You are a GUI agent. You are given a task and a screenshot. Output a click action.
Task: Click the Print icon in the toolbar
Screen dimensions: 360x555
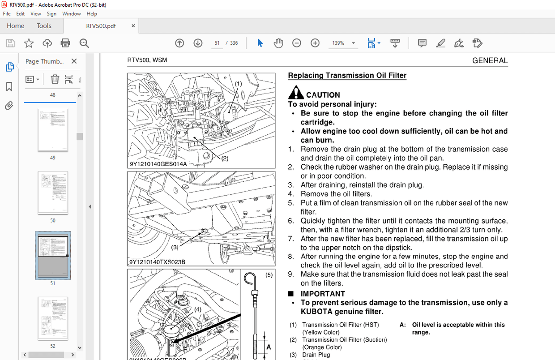pos(65,43)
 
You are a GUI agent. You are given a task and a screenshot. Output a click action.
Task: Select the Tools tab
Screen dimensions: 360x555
pos(44,26)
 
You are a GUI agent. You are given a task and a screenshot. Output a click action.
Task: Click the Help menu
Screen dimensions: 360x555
pos(92,14)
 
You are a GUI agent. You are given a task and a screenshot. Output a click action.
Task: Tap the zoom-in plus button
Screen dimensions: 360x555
pos(315,43)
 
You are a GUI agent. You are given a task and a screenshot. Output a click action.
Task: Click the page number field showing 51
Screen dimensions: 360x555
pos(217,43)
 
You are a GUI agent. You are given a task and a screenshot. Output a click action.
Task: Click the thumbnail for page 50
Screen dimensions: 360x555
pos(53,193)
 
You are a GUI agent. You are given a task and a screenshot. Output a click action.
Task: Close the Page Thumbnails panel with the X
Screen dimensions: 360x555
pos(74,61)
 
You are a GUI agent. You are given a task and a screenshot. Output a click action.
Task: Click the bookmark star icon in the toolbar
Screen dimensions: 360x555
pos(29,43)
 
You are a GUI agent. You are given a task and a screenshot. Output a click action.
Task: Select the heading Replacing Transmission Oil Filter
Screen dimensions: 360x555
pos(347,75)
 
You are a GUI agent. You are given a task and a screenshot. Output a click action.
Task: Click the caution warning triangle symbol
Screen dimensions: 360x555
pos(296,93)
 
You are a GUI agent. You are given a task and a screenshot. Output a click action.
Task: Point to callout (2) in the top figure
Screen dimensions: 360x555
pos(225,158)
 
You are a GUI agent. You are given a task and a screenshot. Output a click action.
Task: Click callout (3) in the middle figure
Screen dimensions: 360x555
pos(175,247)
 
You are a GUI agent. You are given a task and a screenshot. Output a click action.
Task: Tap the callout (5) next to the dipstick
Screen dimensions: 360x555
pos(269,275)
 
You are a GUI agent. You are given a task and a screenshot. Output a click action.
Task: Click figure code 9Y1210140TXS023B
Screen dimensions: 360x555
pos(158,262)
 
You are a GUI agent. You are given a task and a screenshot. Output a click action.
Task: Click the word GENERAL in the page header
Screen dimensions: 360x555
pos(490,60)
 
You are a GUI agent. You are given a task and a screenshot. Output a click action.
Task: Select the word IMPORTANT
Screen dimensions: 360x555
pos(322,294)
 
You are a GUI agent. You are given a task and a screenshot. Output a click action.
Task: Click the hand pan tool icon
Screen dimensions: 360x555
pos(278,43)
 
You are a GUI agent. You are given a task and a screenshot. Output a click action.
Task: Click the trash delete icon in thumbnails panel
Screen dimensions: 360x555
pos(55,79)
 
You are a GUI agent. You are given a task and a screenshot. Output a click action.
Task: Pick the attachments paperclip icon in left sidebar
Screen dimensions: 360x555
pos(9,106)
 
